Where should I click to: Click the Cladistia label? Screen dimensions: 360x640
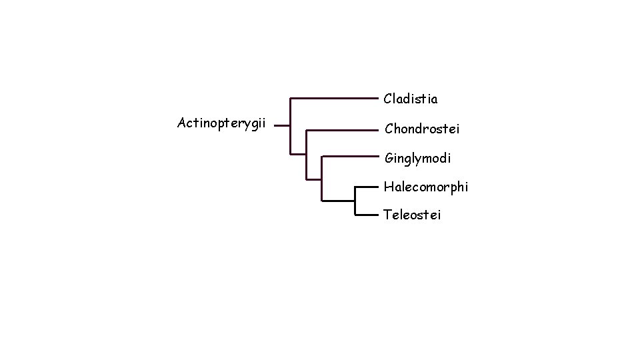(x=411, y=99)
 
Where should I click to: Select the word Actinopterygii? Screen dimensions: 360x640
(x=221, y=123)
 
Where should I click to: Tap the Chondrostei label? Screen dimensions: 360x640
(x=422, y=128)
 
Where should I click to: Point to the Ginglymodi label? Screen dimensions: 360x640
(x=417, y=159)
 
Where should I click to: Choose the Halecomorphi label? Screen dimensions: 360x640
(x=426, y=187)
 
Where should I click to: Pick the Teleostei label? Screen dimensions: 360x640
(x=412, y=215)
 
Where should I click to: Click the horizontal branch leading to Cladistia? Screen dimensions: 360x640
(x=333, y=99)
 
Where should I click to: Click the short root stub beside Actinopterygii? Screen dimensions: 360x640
(x=282, y=125)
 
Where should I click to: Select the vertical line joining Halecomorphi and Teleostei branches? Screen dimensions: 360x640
(x=355, y=201)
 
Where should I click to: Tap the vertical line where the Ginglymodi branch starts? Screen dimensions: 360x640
(x=322, y=177)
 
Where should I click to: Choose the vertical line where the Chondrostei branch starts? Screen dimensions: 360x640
(x=306, y=153)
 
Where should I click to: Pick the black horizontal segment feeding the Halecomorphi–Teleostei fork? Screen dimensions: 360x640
(x=338, y=200)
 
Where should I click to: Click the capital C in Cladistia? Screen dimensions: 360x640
(x=388, y=99)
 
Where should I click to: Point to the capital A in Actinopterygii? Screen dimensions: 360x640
(x=182, y=123)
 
